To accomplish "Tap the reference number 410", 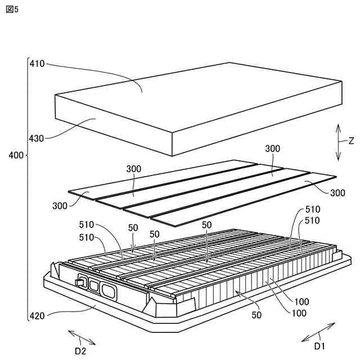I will coord(37,64).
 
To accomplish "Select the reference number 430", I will coord(37,137).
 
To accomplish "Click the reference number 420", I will coord(37,317).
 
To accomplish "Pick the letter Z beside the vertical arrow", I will coord(350,141).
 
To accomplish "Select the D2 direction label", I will coord(80,351).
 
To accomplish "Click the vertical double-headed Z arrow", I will coord(338,142).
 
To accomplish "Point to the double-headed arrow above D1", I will coord(319,332).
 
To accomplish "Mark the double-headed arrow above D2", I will coord(82,337).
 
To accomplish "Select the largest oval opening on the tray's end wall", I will coord(108,290).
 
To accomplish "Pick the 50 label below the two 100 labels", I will coord(256,315).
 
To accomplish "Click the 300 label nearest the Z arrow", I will coord(272,148).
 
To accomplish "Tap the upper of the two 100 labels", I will coord(301,301).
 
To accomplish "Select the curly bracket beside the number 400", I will coord(27,188).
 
